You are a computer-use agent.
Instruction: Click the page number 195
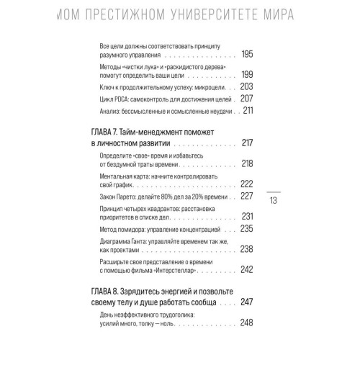[247, 54]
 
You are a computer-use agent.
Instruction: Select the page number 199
[247, 74]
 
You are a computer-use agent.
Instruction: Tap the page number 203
[247, 86]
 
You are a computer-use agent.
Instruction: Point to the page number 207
[247, 97]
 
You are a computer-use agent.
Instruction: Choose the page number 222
[247, 184]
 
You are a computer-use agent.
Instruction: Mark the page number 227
[247, 197]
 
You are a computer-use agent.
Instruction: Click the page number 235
[247, 229]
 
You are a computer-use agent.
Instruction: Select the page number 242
[247, 269]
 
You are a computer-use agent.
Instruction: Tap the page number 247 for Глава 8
[247, 302]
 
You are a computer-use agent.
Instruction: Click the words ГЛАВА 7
[109, 132]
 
